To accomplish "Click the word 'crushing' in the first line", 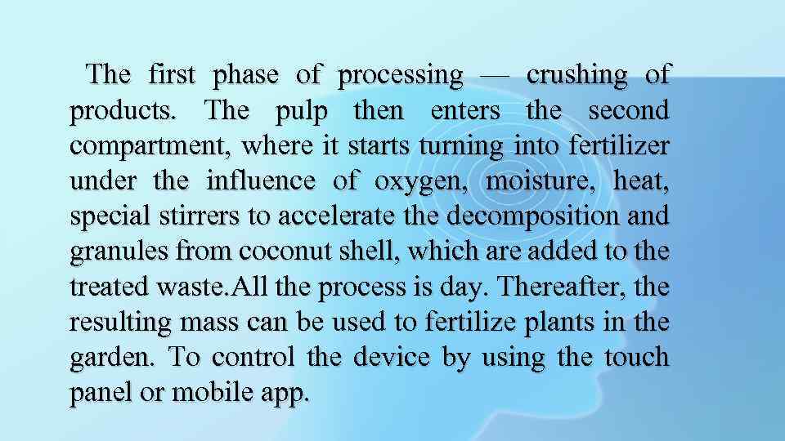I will tap(576, 76).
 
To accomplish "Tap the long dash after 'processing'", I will tap(495, 76).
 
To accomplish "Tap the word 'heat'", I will tap(640, 181).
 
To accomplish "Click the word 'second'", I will tap(630, 111).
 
